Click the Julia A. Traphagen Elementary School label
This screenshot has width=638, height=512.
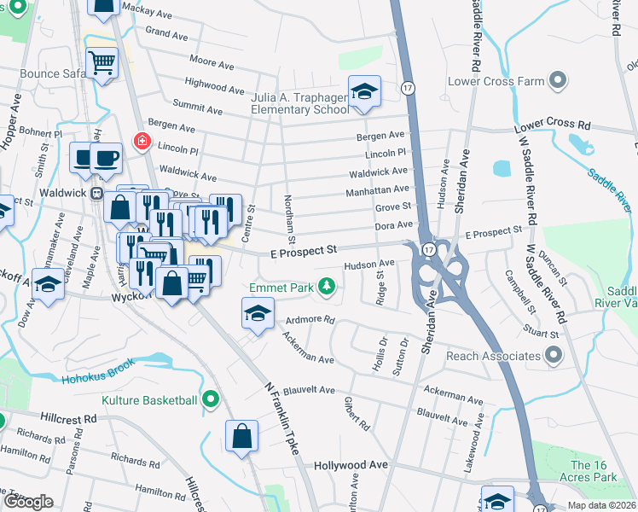click(x=299, y=103)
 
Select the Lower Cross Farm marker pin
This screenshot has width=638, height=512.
click(x=558, y=82)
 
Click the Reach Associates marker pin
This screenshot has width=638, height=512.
click(x=554, y=355)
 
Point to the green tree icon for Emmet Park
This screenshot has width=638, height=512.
click(x=325, y=287)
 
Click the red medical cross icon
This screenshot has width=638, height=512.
click(x=138, y=140)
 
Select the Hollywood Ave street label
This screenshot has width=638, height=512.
click(x=351, y=465)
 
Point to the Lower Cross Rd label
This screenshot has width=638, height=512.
click(x=553, y=125)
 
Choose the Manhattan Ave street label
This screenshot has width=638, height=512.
click(x=378, y=190)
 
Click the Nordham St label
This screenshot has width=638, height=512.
click(x=290, y=213)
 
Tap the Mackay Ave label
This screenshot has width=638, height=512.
click(x=142, y=8)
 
